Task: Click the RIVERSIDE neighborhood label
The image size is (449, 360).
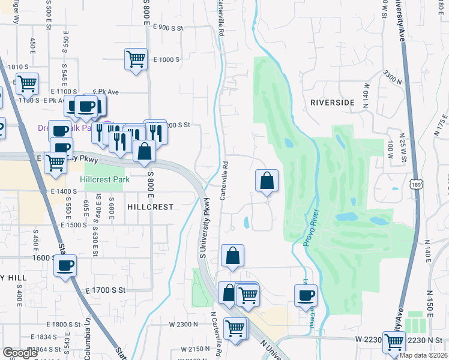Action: (x=332, y=103)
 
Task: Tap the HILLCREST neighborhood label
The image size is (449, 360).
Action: (x=150, y=206)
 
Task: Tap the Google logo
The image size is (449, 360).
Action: (x=20, y=353)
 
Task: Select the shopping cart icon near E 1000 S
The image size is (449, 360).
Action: (x=136, y=59)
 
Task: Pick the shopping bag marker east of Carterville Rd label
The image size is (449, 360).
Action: (x=267, y=180)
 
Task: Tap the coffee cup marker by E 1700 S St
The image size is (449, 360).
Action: (x=65, y=265)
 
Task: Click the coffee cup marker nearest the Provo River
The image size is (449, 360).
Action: (x=306, y=295)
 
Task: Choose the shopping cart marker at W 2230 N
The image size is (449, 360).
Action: (x=394, y=342)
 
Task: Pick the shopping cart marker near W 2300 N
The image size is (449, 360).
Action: (x=235, y=328)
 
